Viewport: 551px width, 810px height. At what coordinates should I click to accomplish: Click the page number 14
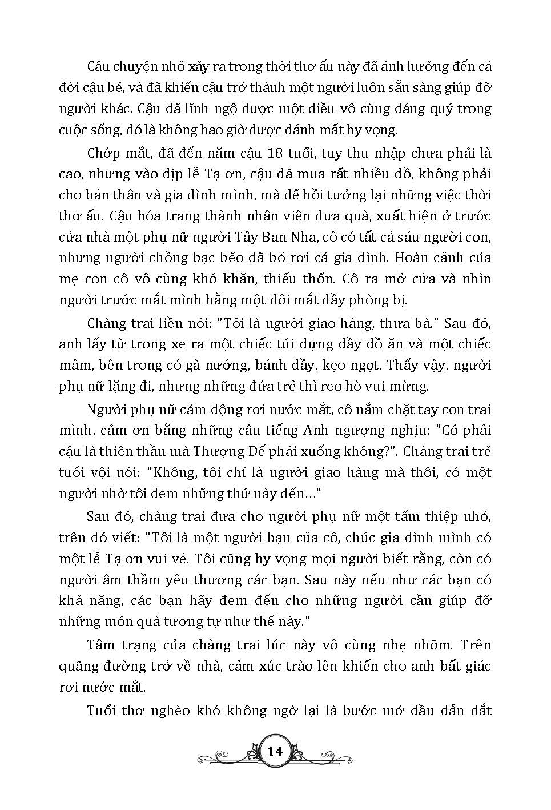tap(275, 752)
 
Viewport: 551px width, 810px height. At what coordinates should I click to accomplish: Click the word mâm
tap(73, 365)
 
